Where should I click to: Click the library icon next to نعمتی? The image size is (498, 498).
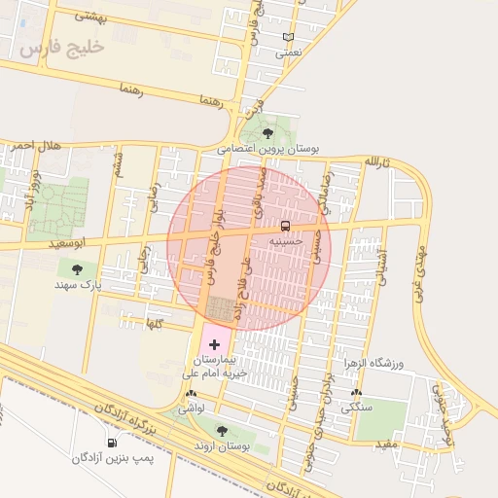[x=288, y=37]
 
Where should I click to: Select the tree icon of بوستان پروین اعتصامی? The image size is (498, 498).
[x=268, y=134]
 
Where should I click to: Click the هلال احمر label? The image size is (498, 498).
[x=36, y=145]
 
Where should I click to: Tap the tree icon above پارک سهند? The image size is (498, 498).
[x=77, y=269]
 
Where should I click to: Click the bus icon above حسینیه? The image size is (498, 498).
[x=284, y=225]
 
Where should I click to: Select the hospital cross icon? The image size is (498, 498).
[x=214, y=344]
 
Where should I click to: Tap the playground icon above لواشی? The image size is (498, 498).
[x=190, y=395]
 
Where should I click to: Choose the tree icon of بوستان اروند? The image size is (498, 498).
[x=223, y=429]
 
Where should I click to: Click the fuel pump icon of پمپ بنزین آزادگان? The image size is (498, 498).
[x=112, y=443]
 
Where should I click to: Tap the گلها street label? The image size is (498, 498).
[x=152, y=322]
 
